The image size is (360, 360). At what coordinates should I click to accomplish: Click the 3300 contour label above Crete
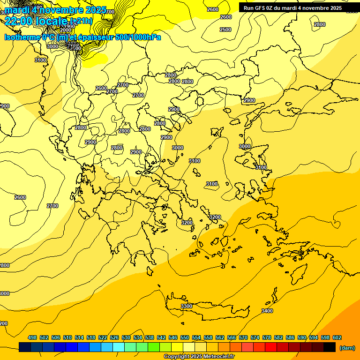tap(187, 306)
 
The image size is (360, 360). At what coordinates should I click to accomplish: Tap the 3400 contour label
tap(267, 311)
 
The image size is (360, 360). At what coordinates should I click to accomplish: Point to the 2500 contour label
tap(225, 30)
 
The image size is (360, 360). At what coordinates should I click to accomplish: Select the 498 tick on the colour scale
tap(32, 337)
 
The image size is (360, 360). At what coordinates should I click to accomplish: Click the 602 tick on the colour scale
tap(337, 337)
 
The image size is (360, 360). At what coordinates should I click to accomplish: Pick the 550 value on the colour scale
tap(185, 337)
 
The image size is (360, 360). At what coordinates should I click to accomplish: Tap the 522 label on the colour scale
tap(103, 337)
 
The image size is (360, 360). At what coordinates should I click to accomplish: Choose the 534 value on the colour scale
tap(138, 337)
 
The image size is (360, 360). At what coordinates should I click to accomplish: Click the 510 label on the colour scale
tap(67, 337)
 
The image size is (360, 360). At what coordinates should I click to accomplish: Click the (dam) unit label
tap(347, 347)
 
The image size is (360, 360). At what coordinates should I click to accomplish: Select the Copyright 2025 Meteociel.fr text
tap(199, 357)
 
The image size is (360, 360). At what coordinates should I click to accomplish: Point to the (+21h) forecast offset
tap(81, 21)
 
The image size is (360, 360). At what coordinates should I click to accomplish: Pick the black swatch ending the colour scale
tap(330, 347)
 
